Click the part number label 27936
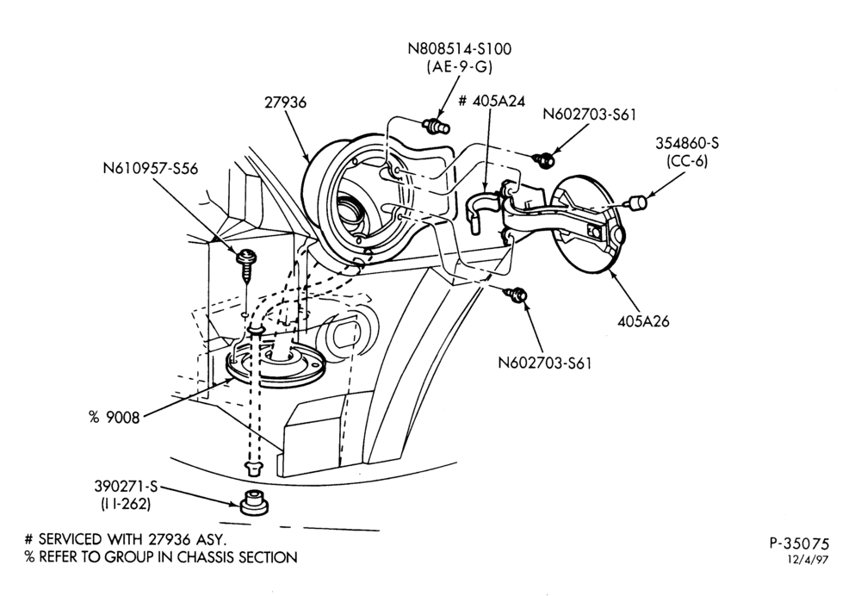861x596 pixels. (x=286, y=102)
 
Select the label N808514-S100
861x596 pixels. (x=459, y=49)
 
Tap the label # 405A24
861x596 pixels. (x=492, y=101)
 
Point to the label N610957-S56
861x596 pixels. (x=151, y=168)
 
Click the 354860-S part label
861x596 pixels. (x=687, y=143)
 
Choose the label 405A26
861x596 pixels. (x=643, y=321)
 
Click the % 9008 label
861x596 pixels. (x=115, y=418)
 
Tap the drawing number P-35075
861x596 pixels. (x=799, y=543)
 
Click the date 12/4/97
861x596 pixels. (x=807, y=560)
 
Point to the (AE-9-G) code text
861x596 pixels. (x=459, y=67)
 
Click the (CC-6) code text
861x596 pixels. (x=686, y=162)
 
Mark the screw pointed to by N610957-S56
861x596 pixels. (x=246, y=264)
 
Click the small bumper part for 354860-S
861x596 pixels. (x=638, y=202)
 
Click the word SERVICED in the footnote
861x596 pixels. (x=71, y=539)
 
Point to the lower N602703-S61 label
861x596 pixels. (x=545, y=363)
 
